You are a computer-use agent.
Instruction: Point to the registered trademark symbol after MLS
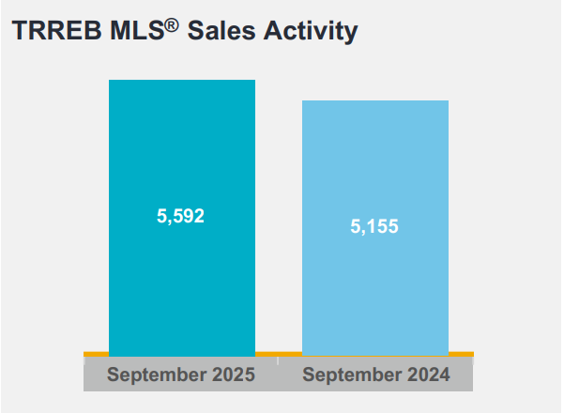tap(173, 23)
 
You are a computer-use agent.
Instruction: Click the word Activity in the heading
tap(312, 31)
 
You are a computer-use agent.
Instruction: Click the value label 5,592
tap(180, 216)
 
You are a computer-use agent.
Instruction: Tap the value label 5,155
tap(374, 226)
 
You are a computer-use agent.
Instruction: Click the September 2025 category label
tap(181, 375)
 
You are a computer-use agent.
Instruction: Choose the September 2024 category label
tap(375, 375)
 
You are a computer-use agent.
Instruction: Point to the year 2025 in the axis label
tap(234, 375)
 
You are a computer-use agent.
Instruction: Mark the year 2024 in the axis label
tap(428, 375)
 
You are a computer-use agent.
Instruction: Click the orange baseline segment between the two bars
tap(279, 354)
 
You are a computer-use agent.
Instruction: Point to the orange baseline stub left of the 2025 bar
tap(96, 354)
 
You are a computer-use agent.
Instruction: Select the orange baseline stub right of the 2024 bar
tap(461, 354)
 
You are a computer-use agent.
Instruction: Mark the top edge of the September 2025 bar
tap(182, 81)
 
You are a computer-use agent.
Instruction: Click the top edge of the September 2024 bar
tap(374, 100)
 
